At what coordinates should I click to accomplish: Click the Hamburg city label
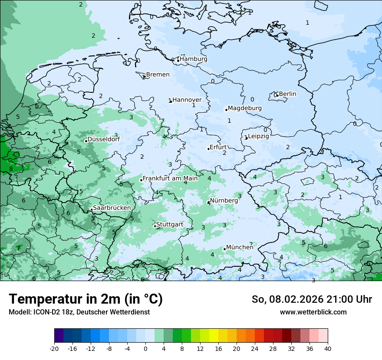[194, 59]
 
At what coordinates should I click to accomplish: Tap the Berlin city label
[287, 94]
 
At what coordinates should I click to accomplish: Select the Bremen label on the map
[158, 75]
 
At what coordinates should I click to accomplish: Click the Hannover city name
[187, 100]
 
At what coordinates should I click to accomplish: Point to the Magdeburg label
[244, 108]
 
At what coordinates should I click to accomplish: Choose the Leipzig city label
[258, 136]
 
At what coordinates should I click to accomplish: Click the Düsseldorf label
[103, 139]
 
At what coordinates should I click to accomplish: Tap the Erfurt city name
[218, 147]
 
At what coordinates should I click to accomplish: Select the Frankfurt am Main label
[170, 178]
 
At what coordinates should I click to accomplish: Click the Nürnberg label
[224, 201]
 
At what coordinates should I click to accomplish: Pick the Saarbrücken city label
[112, 208]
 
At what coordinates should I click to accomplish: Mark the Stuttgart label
[169, 224]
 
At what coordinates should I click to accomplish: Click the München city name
[240, 247]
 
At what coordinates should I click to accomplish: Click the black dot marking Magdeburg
[226, 110]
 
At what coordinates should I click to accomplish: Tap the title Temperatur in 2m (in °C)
[86, 299]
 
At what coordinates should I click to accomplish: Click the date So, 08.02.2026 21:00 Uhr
[311, 299]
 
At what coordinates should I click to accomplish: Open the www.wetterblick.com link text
[313, 312]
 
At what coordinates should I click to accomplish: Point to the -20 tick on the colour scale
[54, 349]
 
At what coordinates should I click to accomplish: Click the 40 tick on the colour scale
[327, 349]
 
